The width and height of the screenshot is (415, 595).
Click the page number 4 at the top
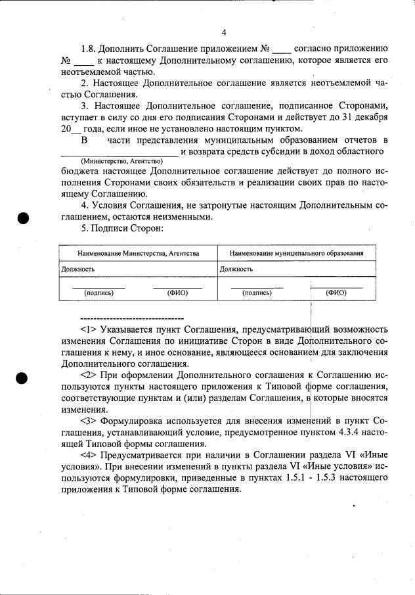(x=224, y=32)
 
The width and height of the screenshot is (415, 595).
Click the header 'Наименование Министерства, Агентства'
(x=138, y=253)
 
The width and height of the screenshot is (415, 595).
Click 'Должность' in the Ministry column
(x=78, y=268)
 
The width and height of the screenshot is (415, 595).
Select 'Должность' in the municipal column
(x=236, y=268)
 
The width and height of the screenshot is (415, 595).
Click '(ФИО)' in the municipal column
(x=336, y=293)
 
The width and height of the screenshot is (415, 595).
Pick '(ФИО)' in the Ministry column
(x=178, y=293)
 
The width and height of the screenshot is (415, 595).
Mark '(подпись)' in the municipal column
(x=257, y=293)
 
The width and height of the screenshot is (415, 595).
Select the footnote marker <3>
(x=89, y=420)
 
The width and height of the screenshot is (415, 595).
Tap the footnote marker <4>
(x=89, y=455)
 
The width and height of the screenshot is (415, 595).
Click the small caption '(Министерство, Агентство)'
(x=121, y=161)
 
